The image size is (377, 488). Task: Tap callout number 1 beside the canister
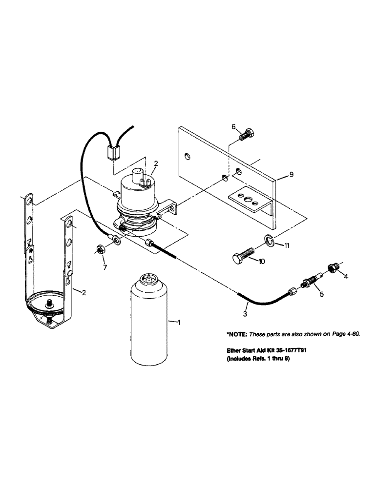coord(179,322)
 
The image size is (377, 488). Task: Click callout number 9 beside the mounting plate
coord(291,174)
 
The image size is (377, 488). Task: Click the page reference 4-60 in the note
coord(353,334)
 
